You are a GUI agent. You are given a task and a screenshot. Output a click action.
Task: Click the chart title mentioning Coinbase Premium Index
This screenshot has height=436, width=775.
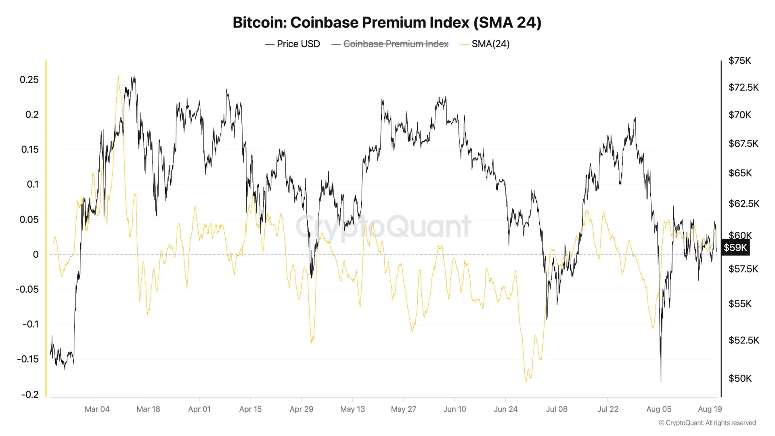387,23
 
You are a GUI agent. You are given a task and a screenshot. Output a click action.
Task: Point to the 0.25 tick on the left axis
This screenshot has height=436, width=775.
29,80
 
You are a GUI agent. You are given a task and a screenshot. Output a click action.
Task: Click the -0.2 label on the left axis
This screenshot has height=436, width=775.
30,394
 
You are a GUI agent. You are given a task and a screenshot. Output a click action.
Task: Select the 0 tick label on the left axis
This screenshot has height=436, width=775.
36,254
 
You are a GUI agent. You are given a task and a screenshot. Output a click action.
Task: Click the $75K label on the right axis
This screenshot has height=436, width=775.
739,61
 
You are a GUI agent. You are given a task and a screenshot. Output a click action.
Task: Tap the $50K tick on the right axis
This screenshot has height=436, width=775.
740,378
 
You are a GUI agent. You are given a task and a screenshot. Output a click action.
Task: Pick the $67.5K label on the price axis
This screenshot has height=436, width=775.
743,144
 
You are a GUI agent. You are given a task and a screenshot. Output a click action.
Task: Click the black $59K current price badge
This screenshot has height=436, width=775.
735,247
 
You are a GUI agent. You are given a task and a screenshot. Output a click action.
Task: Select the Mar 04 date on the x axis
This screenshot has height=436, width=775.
97,409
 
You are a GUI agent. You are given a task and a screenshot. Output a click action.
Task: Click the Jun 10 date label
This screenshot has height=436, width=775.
455,409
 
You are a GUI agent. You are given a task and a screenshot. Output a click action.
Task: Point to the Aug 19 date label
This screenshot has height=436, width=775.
710,409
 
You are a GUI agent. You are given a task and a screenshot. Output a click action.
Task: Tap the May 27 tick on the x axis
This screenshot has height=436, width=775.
403,409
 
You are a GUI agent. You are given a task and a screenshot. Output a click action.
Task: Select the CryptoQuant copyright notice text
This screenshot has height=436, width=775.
707,423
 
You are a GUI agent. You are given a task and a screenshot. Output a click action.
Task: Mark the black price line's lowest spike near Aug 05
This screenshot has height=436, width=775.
661,381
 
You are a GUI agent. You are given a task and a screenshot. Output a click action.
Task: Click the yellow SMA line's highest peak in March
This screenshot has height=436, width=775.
118,76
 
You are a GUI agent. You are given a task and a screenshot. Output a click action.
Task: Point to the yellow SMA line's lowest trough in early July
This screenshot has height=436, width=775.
526,381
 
